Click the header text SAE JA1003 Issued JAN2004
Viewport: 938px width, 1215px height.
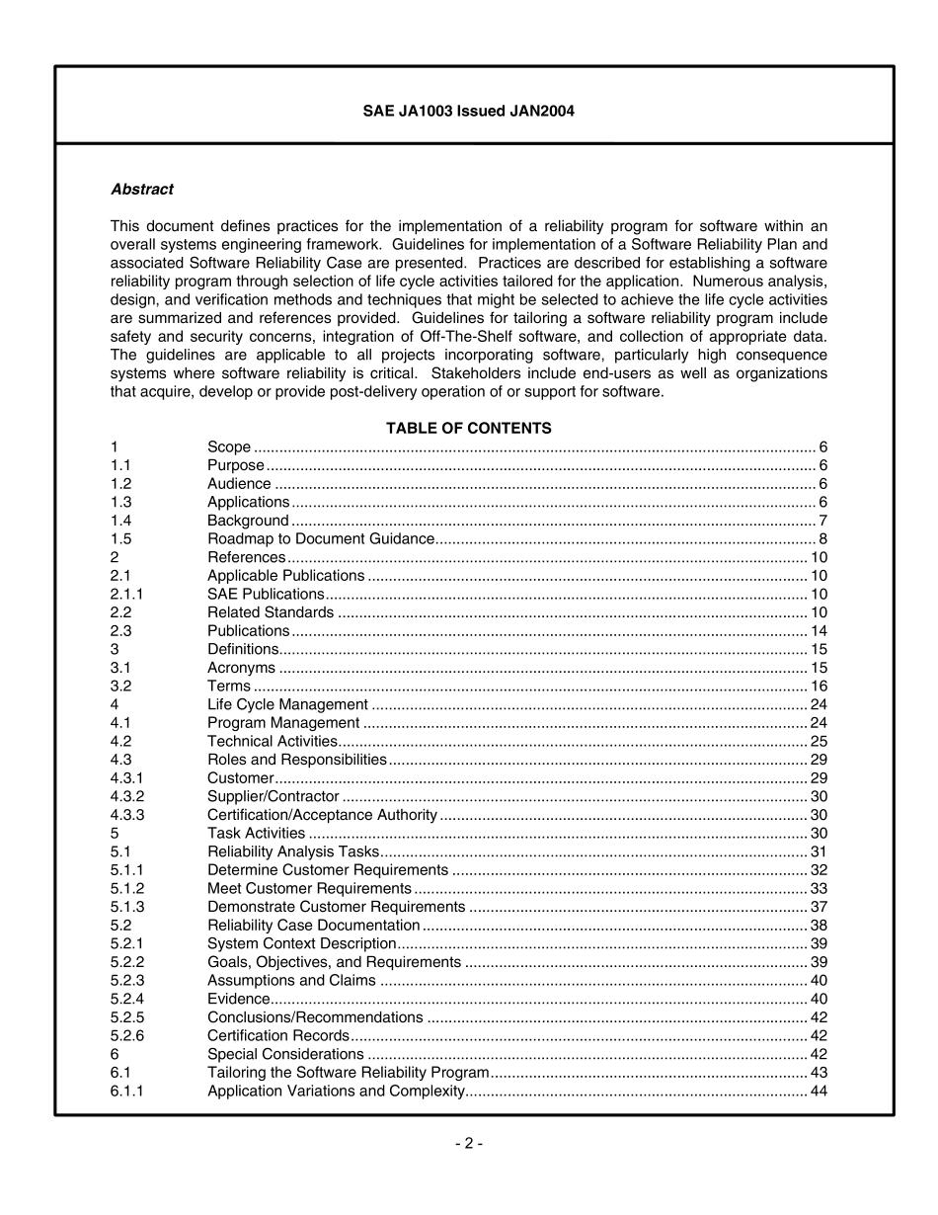click(468, 112)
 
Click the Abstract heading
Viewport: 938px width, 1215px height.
click(141, 189)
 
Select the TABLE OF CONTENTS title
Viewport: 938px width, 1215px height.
click(468, 429)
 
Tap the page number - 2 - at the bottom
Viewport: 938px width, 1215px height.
click(468, 1144)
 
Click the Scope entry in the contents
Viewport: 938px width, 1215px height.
click(228, 447)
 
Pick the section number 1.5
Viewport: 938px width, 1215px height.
click(120, 539)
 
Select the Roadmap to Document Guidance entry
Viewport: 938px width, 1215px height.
click(320, 539)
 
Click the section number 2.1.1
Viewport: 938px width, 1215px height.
click(126, 595)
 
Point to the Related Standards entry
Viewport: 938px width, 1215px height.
click(270, 612)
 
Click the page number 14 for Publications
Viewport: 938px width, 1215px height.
click(819, 631)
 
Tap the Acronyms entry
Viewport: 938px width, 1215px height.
click(241, 668)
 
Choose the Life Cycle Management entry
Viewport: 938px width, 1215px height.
click(287, 704)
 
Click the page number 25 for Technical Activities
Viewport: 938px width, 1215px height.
click(819, 741)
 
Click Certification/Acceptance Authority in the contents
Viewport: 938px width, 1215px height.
click(322, 815)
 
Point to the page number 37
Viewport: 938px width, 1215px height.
click(819, 907)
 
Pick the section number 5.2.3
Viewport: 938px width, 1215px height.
click(126, 980)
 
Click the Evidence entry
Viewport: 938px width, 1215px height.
click(238, 999)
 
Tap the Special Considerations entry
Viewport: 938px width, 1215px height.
click(285, 1054)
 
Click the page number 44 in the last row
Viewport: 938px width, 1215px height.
click(819, 1091)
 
